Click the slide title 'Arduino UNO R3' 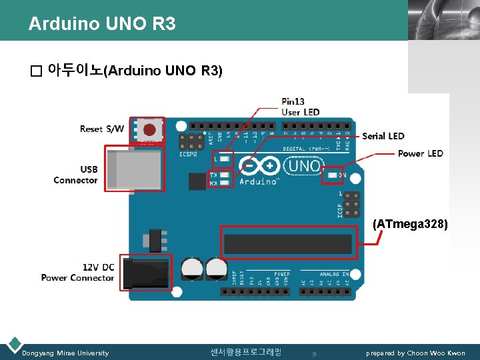pos(102,24)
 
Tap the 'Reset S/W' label pos(101,128)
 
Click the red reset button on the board pos(150,129)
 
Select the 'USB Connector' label pos(76,175)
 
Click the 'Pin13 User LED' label pos(300,107)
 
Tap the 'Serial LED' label pos(383,136)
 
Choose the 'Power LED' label pos(420,153)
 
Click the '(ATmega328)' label pos(410,224)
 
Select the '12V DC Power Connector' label pos(78,272)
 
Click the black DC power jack pos(145,272)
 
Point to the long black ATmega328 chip pos(287,245)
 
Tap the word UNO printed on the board pos(305,165)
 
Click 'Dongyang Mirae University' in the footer pos(65,353)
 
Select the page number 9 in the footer pos(313,353)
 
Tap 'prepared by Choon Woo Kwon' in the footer pos(415,353)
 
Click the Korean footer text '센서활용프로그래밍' pos(245,352)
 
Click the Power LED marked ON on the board pos(331,177)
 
